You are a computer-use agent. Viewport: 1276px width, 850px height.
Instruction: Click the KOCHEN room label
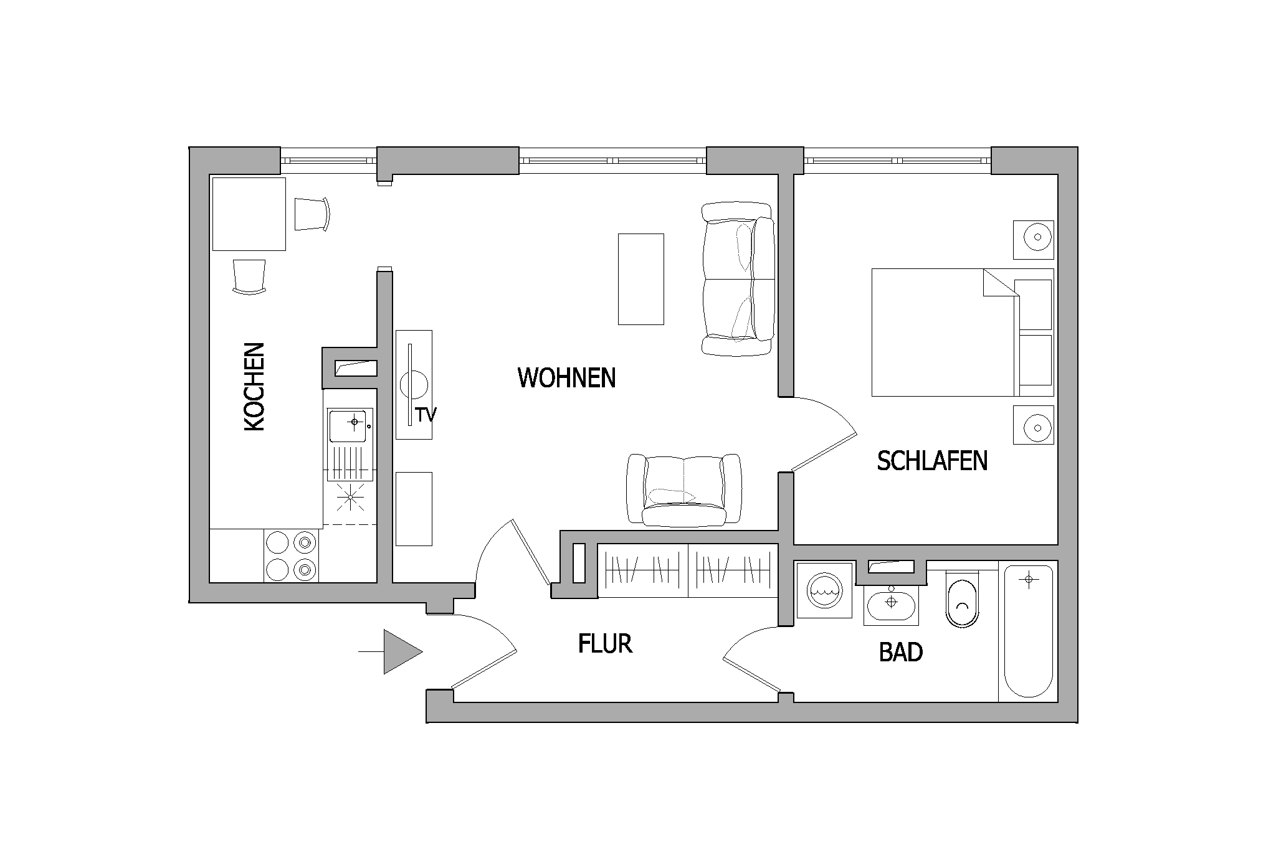(x=254, y=386)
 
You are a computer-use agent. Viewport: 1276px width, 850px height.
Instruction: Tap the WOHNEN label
(x=566, y=378)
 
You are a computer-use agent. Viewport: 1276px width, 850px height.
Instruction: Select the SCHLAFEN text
(x=932, y=461)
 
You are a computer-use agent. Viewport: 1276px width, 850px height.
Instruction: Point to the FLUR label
(x=605, y=644)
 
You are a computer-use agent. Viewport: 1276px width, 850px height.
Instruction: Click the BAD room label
(x=900, y=653)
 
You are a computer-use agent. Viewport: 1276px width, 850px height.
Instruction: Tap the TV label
(x=426, y=415)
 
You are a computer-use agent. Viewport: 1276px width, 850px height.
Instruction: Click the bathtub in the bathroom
(x=1028, y=631)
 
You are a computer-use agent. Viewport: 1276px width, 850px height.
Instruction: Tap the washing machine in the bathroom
(x=824, y=590)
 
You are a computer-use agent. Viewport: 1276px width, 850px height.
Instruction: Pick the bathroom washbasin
(x=891, y=603)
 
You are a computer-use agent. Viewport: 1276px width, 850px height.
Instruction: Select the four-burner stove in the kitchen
(x=291, y=555)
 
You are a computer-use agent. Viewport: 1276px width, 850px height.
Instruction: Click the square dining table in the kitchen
(x=249, y=214)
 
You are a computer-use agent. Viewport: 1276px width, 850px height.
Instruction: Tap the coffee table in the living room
(x=640, y=279)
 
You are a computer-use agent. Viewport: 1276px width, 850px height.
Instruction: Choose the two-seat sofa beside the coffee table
(x=738, y=279)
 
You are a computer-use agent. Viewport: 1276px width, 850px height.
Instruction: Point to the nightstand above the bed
(x=1034, y=240)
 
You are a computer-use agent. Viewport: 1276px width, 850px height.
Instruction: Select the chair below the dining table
(x=249, y=276)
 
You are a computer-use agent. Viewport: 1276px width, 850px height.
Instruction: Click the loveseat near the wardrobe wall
(x=684, y=489)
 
